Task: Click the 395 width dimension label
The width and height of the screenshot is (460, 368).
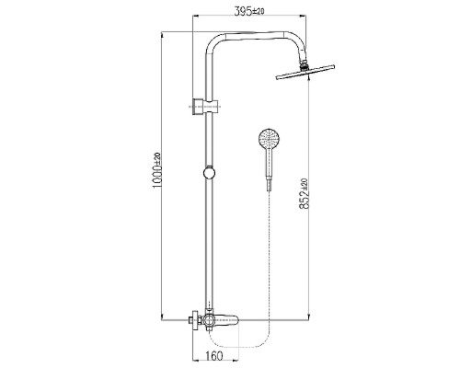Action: [244, 12]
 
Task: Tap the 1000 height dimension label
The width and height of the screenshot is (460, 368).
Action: [157, 178]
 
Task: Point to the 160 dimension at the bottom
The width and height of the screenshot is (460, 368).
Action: [213, 356]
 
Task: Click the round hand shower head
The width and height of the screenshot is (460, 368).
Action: [269, 139]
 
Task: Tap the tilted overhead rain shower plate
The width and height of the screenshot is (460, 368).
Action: [305, 73]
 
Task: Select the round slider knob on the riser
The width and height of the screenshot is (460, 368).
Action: [210, 173]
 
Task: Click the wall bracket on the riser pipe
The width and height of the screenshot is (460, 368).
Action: [205, 107]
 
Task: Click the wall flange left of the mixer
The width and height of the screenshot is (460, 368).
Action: [194, 320]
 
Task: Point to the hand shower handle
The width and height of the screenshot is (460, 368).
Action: [269, 163]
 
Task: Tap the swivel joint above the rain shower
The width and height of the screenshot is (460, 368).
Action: [304, 64]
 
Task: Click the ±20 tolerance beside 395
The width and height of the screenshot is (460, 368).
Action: [259, 12]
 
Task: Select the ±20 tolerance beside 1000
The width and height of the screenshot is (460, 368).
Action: [157, 159]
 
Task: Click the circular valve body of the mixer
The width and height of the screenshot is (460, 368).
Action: [209, 320]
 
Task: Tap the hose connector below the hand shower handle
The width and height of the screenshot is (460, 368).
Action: [269, 184]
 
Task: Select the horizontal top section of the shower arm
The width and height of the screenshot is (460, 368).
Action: [257, 35]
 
